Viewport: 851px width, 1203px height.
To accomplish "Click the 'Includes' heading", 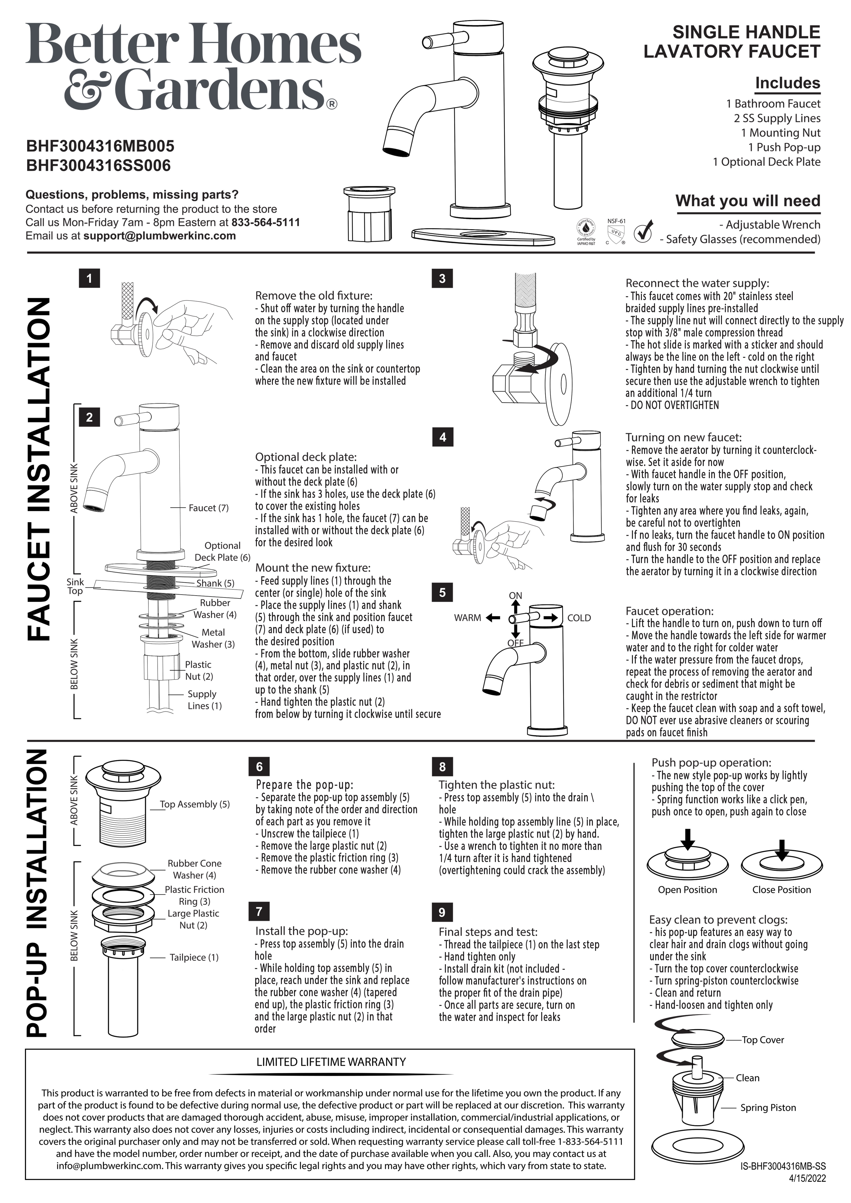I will [x=787, y=83].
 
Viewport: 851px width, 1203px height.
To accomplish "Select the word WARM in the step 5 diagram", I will [x=467, y=618].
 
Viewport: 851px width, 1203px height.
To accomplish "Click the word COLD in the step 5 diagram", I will [x=579, y=618].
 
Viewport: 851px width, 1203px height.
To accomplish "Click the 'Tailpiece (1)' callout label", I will [x=194, y=957].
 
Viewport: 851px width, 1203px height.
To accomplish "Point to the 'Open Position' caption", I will [x=687, y=890].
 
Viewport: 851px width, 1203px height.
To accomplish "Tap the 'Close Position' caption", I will [x=781, y=890].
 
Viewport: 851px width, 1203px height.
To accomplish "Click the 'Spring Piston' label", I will [x=768, y=1108].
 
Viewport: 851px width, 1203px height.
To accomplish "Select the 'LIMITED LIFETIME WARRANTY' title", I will [x=331, y=1062].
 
